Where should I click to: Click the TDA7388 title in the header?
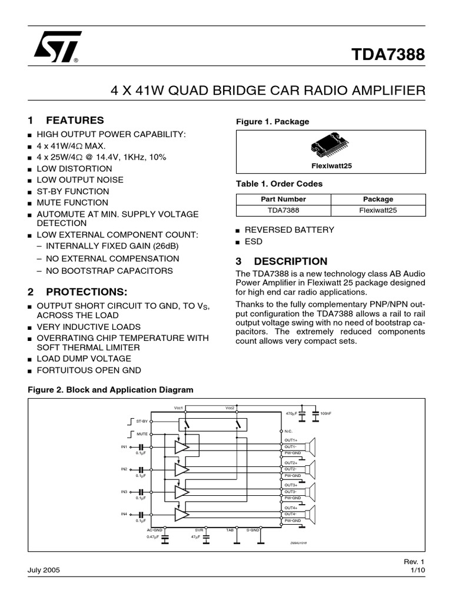tap(388, 55)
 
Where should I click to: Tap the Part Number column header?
tap(283, 199)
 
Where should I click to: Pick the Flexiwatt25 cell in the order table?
tap(377, 210)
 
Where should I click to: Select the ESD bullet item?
tap(254, 241)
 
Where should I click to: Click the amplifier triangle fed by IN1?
tap(182, 448)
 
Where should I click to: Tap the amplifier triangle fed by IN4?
tap(182, 514)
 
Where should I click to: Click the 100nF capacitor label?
tap(325, 414)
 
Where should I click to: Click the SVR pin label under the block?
tap(199, 530)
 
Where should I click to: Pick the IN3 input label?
tap(124, 492)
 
